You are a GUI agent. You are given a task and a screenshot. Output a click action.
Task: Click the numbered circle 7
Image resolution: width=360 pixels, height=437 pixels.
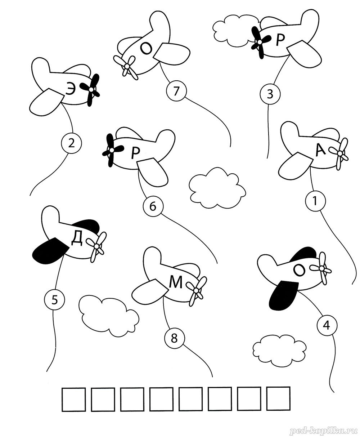coord(176,91)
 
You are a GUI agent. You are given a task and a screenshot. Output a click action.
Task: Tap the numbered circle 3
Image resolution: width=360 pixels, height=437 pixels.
coord(270,94)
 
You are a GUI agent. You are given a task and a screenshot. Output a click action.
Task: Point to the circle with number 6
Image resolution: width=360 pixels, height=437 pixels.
coord(153,206)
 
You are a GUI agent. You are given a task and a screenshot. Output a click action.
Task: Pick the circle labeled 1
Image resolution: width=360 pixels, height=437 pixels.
coord(315,201)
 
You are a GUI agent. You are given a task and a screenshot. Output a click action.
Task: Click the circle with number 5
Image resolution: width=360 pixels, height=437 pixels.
coord(54,300)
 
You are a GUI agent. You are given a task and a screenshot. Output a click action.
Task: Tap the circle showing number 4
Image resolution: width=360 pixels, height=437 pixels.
coord(327,331)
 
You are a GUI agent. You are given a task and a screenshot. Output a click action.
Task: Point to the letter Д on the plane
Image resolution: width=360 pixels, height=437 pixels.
coord(77,239)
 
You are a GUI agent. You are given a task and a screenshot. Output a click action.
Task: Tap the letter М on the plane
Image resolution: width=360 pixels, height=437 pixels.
coord(176,282)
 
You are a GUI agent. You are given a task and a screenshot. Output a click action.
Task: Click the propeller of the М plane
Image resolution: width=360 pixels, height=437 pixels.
coord(196,291)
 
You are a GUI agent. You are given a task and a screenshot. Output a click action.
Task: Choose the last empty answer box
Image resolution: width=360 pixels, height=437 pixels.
coord(279,398)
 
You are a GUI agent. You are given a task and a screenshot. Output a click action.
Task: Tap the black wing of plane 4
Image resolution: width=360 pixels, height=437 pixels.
coord(283,295)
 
